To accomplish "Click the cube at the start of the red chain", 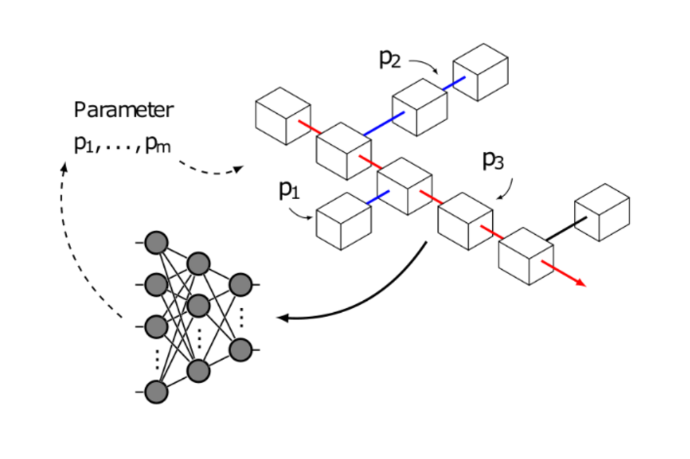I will point(282,115).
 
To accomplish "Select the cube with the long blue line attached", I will point(343,150).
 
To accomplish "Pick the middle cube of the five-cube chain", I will point(404,186).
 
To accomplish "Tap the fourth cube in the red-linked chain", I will point(465,221).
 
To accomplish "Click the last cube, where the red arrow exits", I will point(525,256).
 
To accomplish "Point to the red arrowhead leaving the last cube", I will point(582,283).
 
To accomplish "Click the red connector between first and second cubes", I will point(309,127).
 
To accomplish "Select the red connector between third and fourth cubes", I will point(431,197).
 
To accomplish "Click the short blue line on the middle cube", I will point(377,197).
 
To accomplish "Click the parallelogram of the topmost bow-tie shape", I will point(493,79).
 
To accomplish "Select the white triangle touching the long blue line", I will point(403,108).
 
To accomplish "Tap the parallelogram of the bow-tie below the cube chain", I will point(356,227).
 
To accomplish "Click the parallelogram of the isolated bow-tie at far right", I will point(613,219).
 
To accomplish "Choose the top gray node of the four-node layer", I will point(156,243).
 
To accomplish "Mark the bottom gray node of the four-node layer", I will point(156,392).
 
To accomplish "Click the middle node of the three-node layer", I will point(199,306).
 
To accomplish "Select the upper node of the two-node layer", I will point(240,285).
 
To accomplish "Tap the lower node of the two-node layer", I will point(240,349).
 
